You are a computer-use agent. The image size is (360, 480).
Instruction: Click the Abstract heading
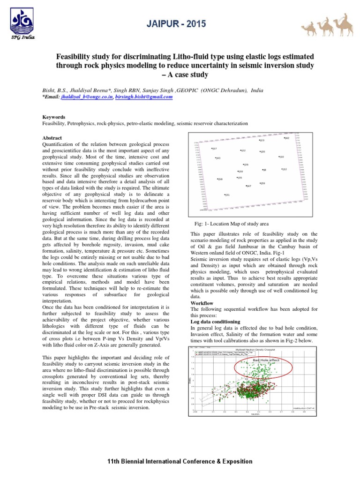point(52,139)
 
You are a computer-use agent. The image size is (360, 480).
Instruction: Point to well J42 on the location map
point(287,138)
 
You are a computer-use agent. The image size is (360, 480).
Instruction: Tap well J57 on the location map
point(214,149)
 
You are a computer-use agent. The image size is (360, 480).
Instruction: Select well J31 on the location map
point(227,195)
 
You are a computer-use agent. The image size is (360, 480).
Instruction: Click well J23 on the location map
point(262,140)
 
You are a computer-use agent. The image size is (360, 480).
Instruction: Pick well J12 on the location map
point(284,169)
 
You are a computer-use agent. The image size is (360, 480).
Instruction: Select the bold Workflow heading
point(202,303)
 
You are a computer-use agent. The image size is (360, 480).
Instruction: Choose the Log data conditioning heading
point(215,322)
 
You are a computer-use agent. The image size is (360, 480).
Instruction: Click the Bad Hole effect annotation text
point(266,360)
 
